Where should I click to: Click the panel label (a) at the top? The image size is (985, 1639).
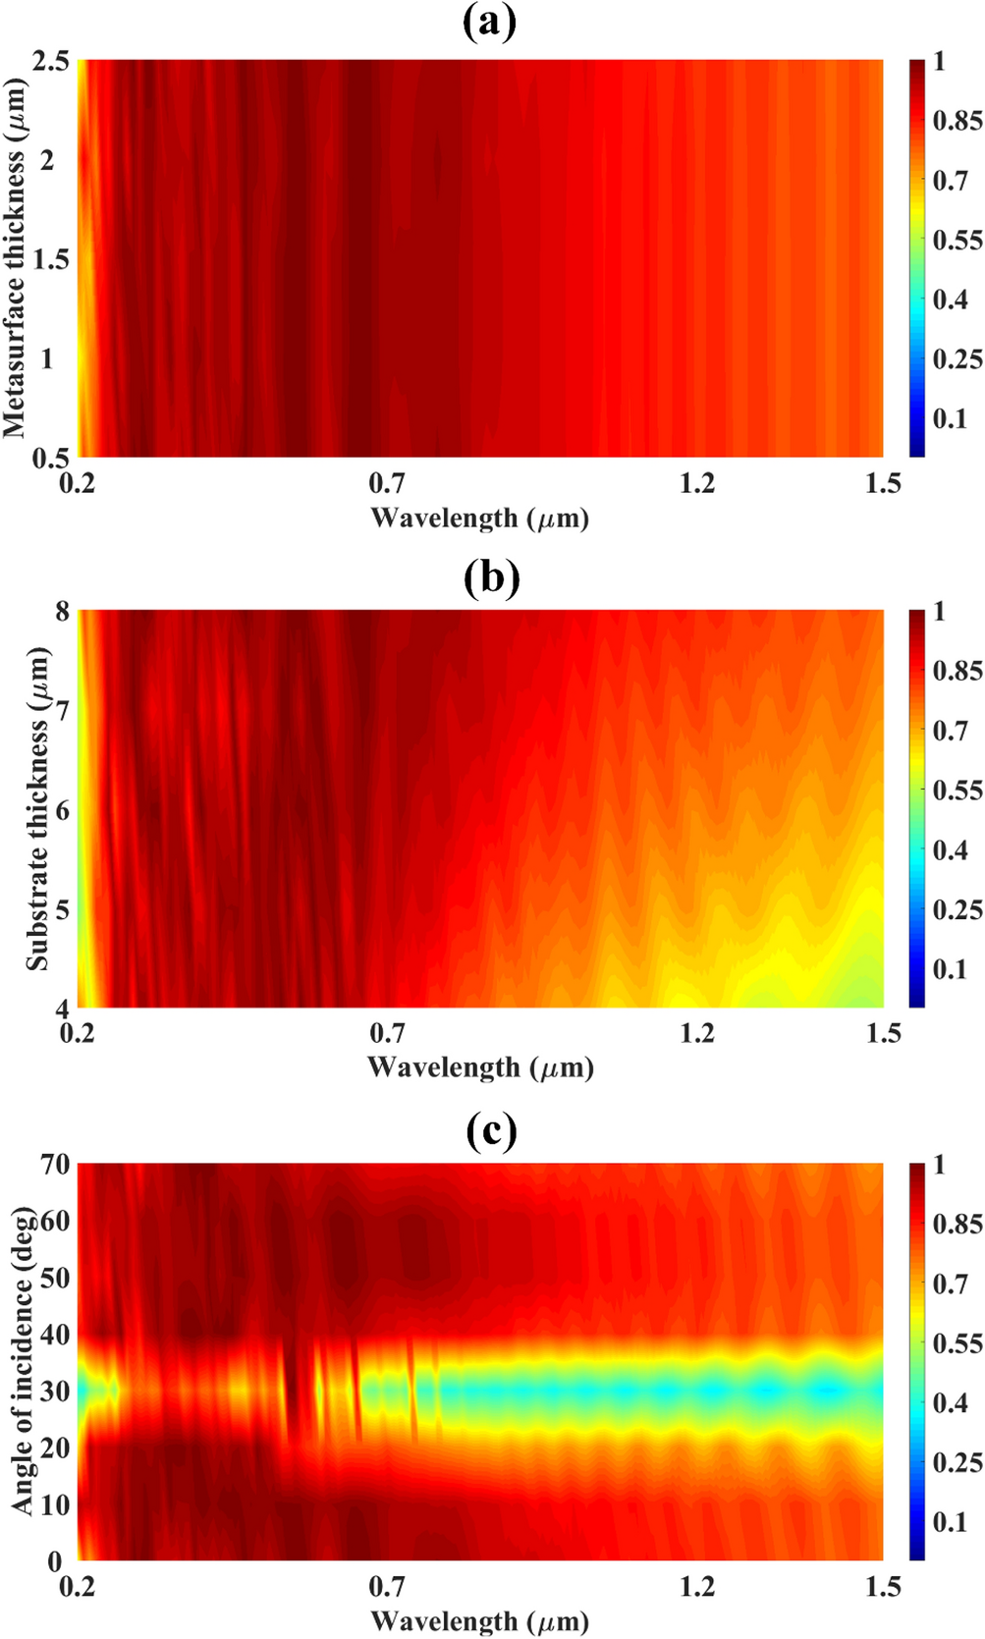[489, 22]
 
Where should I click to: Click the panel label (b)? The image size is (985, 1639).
[490, 577]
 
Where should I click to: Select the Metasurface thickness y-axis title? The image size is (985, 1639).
[14, 257]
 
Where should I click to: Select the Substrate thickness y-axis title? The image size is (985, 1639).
[37, 809]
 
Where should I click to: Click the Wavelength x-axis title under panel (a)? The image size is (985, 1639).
[479, 518]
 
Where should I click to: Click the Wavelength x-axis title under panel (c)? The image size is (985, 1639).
[479, 1620]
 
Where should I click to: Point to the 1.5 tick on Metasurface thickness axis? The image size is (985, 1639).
[51, 259]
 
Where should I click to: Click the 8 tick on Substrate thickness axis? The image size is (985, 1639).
[62, 612]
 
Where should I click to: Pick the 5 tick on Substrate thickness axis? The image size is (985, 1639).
[62, 909]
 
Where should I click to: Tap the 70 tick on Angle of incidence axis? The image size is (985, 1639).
[55, 1165]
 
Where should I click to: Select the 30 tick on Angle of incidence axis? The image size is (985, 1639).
[55, 1392]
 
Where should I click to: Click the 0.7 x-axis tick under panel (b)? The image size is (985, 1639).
[387, 1033]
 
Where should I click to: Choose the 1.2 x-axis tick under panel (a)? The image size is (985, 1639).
[696, 483]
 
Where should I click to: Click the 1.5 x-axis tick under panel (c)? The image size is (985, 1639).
[883, 1587]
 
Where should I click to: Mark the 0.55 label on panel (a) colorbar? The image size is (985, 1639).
[957, 240]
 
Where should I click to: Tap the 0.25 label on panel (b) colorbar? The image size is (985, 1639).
[957, 909]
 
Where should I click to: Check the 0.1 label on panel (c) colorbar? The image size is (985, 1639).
[950, 1522]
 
